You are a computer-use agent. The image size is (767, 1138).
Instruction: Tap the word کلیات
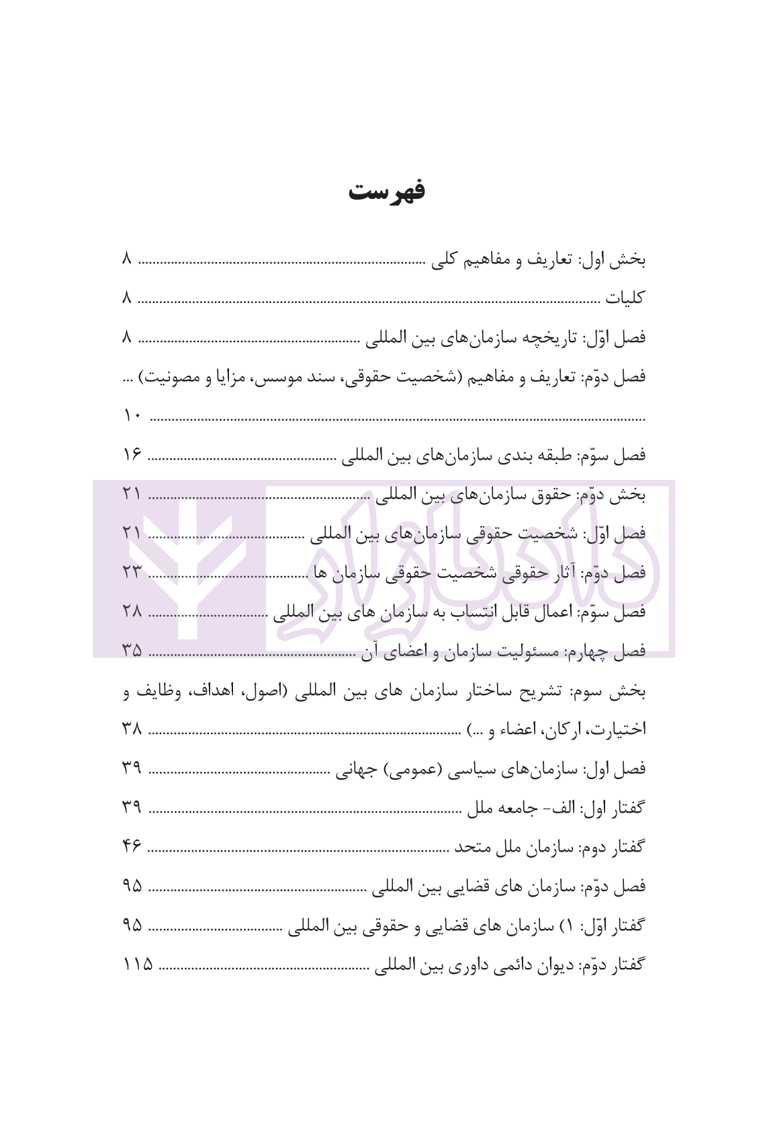(x=625, y=298)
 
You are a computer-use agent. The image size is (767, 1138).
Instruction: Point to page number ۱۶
(x=132, y=456)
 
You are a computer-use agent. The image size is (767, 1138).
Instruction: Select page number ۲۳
(x=132, y=573)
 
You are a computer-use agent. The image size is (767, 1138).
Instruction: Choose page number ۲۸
(x=132, y=612)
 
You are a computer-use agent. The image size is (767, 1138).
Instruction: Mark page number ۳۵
(x=132, y=651)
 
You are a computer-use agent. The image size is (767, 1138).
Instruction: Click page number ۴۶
(x=132, y=847)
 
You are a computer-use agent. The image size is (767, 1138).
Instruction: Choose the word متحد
(x=469, y=847)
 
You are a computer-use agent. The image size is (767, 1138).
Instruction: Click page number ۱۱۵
(x=137, y=965)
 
